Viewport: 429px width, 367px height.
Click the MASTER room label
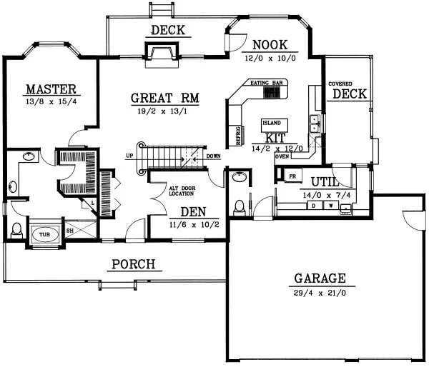pyautogui.click(x=51, y=89)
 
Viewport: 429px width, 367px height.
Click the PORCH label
pyautogui.click(x=134, y=265)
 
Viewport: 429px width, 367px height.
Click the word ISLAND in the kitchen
pyautogui.click(x=272, y=122)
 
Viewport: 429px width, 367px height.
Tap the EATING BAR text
pyautogui.click(x=268, y=84)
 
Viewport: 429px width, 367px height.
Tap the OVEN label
pyautogui.click(x=282, y=156)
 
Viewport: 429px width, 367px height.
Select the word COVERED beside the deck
pyautogui.click(x=341, y=84)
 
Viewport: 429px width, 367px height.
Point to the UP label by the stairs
pyautogui.click(x=130, y=156)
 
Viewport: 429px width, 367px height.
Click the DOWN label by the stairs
pyautogui.click(x=213, y=156)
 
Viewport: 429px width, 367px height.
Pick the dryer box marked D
pyautogui.click(x=312, y=206)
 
